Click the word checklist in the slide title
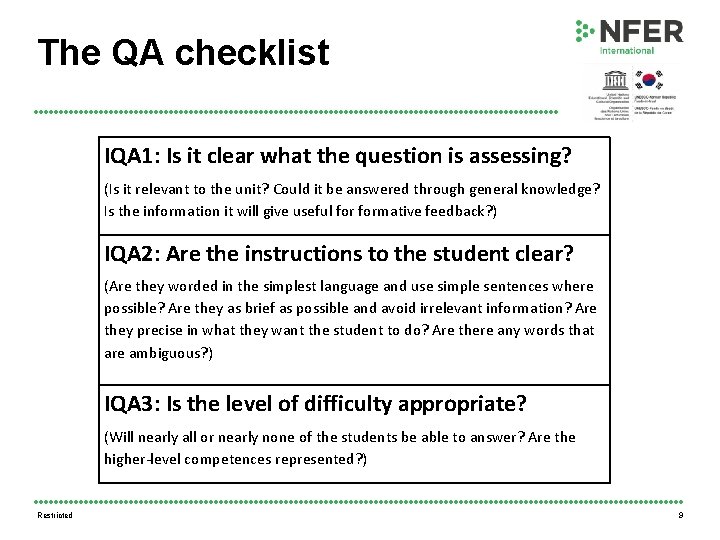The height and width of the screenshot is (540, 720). click(x=259, y=52)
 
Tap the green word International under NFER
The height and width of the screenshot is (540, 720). click(x=627, y=50)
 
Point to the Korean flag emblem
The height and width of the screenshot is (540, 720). click(x=650, y=79)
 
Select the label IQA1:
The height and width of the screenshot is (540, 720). click(x=132, y=156)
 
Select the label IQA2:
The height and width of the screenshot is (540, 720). click(x=132, y=254)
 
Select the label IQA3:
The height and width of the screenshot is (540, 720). click(x=132, y=404)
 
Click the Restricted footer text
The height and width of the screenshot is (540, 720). click(x=54, y=516)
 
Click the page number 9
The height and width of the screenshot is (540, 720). click(x=681, y=516)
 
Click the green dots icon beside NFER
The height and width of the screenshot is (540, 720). click(x=585, y=31)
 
